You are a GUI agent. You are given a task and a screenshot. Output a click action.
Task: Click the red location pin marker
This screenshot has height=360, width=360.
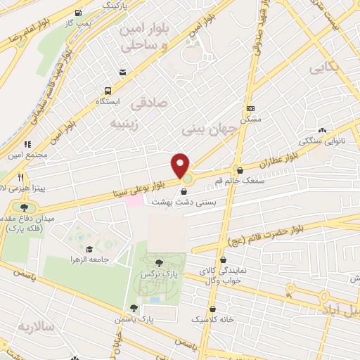(181, 165)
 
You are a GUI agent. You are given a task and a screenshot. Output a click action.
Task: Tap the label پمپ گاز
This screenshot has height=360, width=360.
(91, 25)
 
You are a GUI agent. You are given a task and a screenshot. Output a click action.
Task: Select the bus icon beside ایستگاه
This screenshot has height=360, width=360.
(108, 91)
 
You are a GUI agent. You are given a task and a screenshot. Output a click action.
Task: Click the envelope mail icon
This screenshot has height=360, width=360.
(124, 72)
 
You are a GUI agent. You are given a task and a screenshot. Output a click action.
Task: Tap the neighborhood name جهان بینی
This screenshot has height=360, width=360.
(202, 130)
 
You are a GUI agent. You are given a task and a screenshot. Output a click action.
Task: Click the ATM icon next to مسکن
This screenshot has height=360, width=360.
(251, 109)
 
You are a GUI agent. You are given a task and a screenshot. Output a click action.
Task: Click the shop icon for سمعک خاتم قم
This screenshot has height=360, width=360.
(240, 169)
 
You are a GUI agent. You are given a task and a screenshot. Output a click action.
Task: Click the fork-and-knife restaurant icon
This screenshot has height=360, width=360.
(21, 176)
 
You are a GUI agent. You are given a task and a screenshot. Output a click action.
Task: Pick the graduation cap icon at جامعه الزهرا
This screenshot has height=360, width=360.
(89, 249)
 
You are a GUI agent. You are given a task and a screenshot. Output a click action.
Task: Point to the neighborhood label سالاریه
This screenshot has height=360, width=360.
(37, 327)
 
